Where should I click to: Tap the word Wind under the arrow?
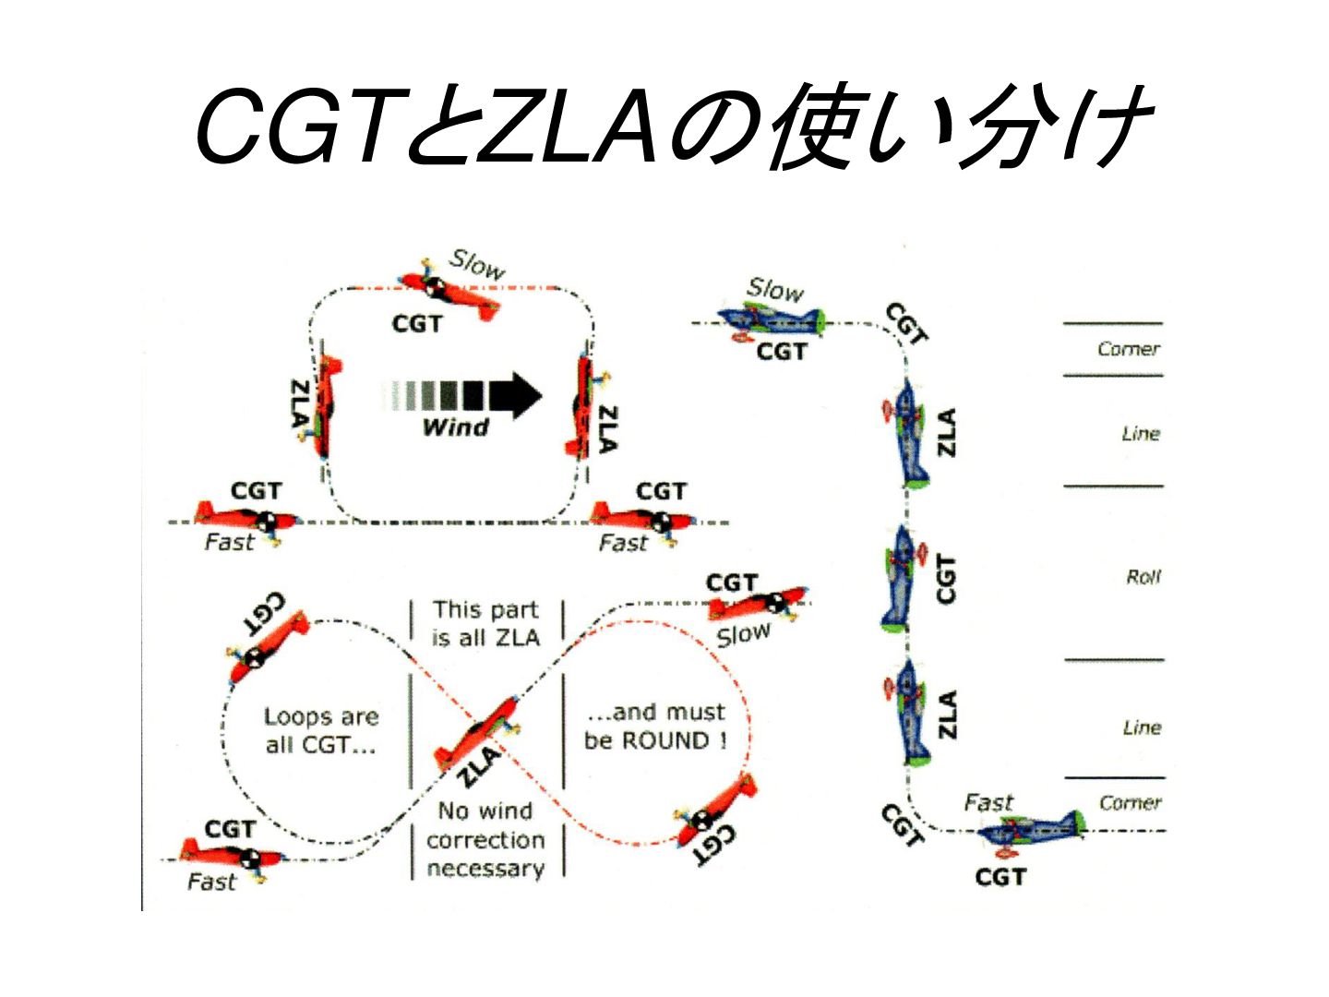click(x=455, y=427)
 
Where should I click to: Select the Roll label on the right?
click(x=1143, y=576)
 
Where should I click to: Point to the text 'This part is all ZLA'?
click(x=485, y=623)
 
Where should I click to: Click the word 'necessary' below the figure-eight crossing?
click(x=485, y=869)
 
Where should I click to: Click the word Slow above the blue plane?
click(x=774, y=289)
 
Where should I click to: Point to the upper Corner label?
click(x=1129, y=349)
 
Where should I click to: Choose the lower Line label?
click(x=1142, y=727)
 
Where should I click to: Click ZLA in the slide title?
click(x=566, y=126)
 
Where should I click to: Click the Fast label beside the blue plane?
click(x=988, y=803)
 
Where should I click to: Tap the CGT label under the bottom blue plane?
click(x=1000, y=877)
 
